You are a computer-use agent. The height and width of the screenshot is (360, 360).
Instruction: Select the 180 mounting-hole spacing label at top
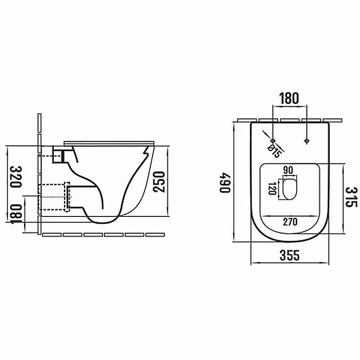click(290, 99)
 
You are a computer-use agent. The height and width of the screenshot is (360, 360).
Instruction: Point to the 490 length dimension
click(225, 182)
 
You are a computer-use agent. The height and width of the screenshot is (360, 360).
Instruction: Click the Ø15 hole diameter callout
click(274, 150)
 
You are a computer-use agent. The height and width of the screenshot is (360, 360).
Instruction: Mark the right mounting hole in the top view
click(306, 140)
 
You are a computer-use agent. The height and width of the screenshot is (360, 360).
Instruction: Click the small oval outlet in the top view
click(289, 189)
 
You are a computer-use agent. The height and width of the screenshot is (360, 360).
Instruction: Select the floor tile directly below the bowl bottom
click(93, 234)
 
